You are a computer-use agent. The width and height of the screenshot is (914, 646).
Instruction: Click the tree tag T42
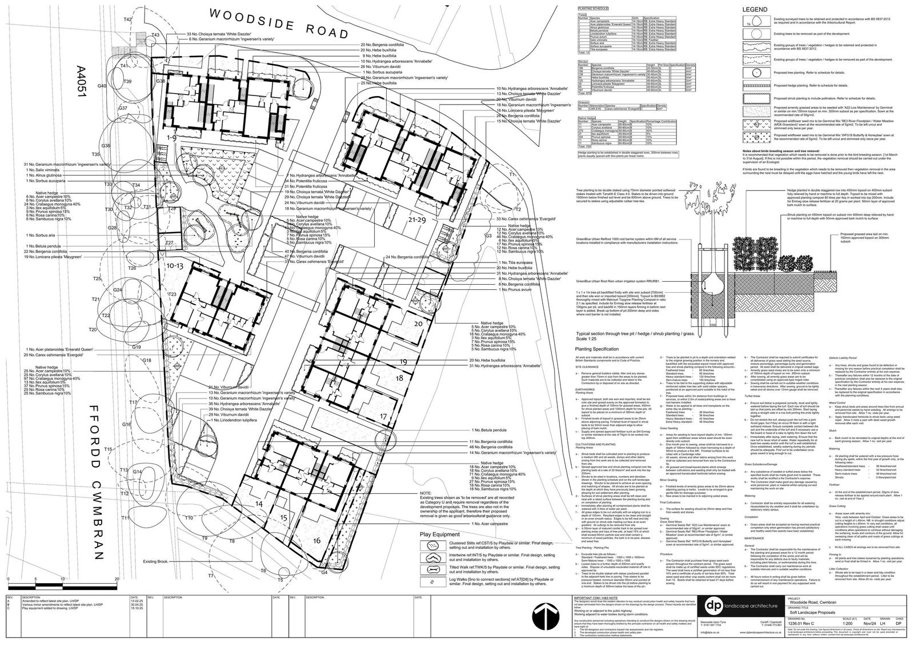pos(128,19)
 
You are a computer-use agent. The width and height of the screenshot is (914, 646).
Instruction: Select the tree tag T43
pos(155,35)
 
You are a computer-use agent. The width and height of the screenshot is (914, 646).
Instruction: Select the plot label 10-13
pos(174,266)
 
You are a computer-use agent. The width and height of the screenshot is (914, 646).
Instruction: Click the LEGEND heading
pos(756,10)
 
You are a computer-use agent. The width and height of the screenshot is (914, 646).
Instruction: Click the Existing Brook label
pos(155,562)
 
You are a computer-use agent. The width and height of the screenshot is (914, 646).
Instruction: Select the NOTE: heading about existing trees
pos(426,493)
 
